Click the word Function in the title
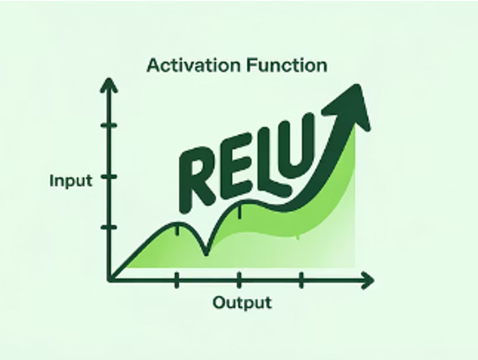287,65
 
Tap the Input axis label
71,181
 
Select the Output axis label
242,303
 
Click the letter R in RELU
197,180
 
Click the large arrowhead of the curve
351,107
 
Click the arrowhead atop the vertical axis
108,86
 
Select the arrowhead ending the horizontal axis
368,280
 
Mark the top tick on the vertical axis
109,125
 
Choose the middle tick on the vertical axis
109,176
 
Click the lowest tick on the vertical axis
109,227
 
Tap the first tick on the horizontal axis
176,280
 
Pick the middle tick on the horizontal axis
239,280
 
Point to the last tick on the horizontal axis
302,280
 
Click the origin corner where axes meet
109,280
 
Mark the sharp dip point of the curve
206,252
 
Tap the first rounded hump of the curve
177,224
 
